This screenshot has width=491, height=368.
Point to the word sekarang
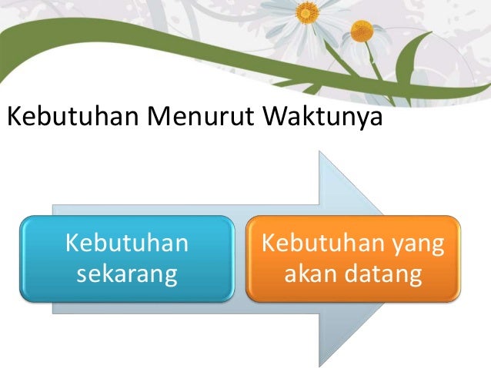tap(127, 274)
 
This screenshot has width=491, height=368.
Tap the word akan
tap(309, 274)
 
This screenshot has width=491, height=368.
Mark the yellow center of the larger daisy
tap(306, 12)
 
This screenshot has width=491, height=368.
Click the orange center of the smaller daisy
tap(362, 31)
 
